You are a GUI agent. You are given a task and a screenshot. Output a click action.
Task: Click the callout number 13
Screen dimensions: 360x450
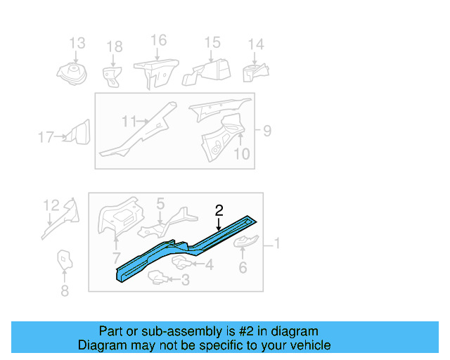point(77,44)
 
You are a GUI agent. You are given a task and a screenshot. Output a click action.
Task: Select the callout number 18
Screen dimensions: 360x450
point(114,47)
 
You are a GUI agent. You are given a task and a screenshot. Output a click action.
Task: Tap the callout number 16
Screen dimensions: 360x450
point(159,40)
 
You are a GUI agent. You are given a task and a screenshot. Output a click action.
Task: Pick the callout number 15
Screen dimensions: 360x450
point(212,43)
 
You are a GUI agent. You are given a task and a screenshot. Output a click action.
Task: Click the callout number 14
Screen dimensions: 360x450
point(256,44)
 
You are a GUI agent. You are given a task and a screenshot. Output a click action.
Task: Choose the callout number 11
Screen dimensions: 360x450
point(128,122)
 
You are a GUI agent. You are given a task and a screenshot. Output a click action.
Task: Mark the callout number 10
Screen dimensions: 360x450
point(241,153)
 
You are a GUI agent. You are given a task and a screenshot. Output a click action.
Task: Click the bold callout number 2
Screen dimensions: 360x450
point(219,210)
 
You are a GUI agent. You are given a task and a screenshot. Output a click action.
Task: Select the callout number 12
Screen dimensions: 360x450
point(51,205)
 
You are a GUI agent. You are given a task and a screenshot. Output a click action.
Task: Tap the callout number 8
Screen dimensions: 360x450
point(65,290)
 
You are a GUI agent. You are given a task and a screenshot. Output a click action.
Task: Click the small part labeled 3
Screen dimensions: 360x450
point(160,279)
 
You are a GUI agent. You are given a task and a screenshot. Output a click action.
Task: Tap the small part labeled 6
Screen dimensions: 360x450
point(244,243)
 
